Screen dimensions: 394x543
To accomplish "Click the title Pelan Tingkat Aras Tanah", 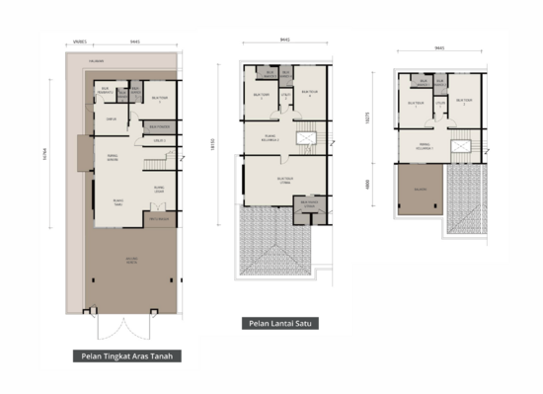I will [126, 356].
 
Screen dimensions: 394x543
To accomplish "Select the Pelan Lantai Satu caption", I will [276, 323].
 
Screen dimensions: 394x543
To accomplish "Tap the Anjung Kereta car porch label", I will [131, 260].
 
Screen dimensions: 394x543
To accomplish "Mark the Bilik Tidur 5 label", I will [161, 99].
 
